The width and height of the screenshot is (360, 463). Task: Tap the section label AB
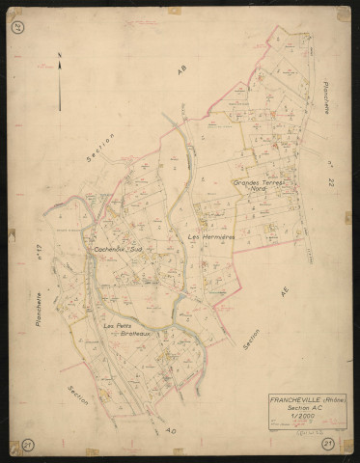coord(180,68)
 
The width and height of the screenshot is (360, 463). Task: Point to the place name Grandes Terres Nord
coord(262,185)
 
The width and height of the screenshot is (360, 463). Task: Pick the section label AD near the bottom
coord(171,428)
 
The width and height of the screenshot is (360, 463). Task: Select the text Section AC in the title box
coord(305,408)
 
